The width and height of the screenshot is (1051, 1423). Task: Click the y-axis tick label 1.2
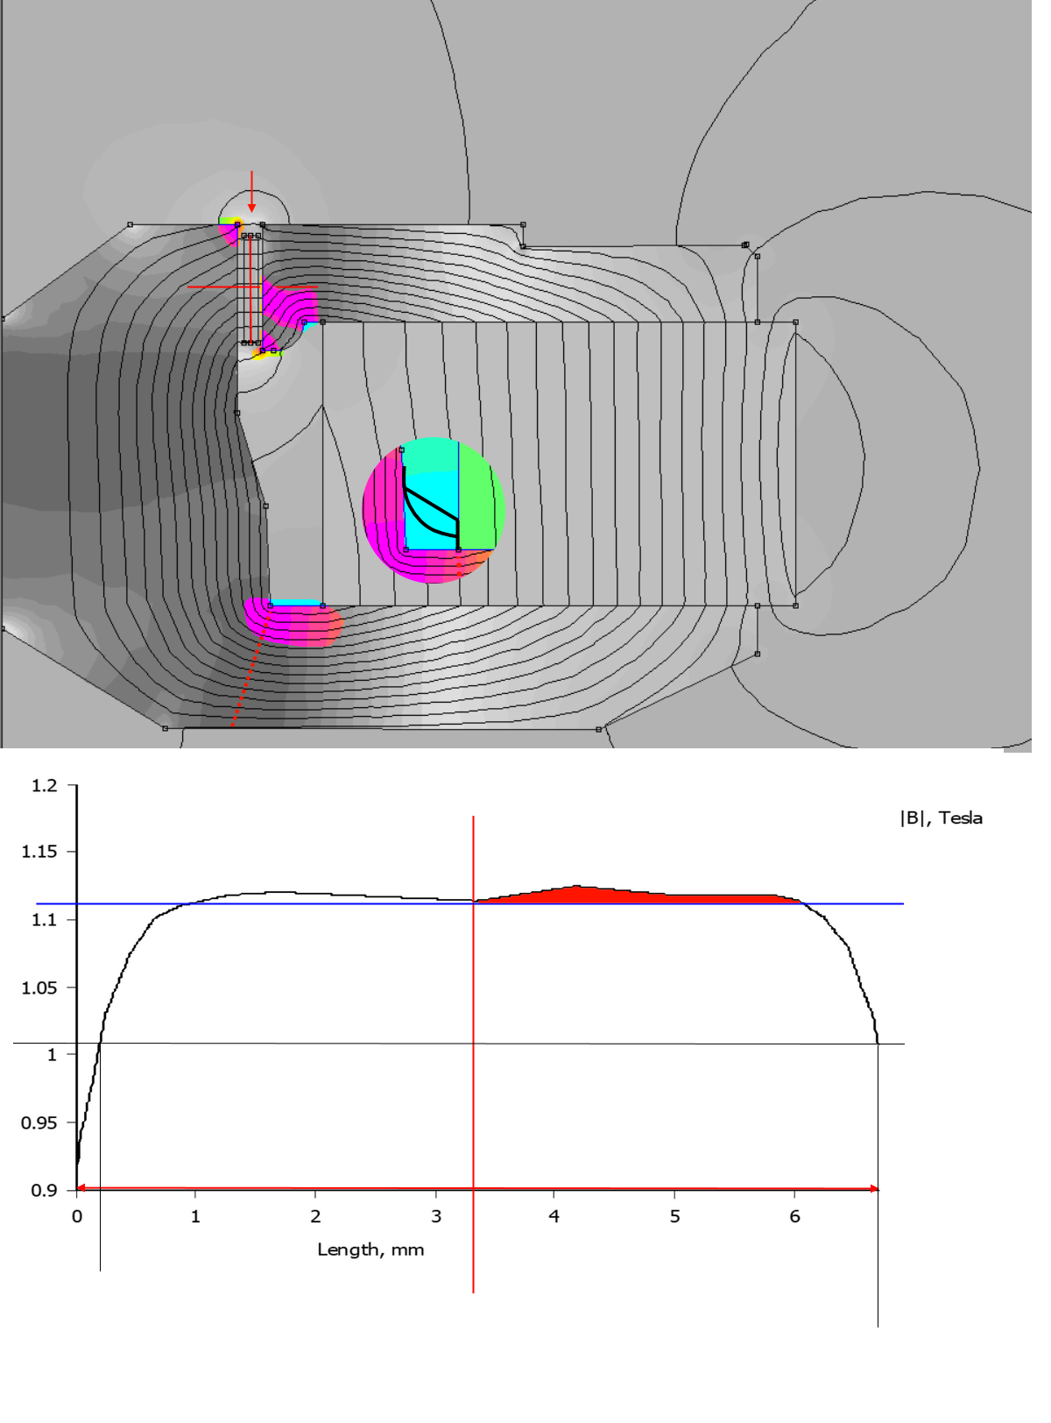coord(45,786)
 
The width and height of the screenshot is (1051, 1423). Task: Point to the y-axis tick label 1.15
coord(39,852)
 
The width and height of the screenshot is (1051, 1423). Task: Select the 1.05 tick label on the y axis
coord(39,988)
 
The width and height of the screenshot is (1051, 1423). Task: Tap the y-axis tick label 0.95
coord(39,1123)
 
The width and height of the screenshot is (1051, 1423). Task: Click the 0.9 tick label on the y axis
coord(45,1191)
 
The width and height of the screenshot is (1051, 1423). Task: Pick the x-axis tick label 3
coord(436,1216)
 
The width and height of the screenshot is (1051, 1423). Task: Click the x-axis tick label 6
coord(794,1216)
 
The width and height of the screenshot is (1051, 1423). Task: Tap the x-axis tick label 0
coord(77,1216)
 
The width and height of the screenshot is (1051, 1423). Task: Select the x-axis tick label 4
coord(554,1216)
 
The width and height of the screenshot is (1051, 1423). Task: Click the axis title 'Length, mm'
coord(370,1250)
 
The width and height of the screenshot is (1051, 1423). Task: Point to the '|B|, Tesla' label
coord(941,818)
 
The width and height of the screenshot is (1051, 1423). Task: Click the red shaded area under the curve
coord(613,896)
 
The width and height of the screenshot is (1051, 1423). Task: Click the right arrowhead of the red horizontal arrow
coord(873,1189)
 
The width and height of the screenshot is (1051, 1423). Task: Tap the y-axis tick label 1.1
coord(45,920)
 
